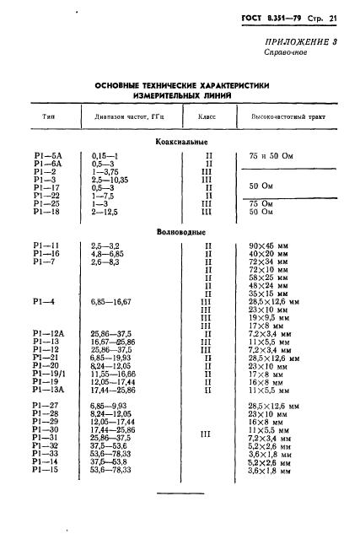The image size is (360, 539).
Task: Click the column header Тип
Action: [49, 118]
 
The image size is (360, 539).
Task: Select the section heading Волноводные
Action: [181, 230]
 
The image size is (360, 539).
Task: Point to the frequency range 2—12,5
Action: [105, 212]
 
